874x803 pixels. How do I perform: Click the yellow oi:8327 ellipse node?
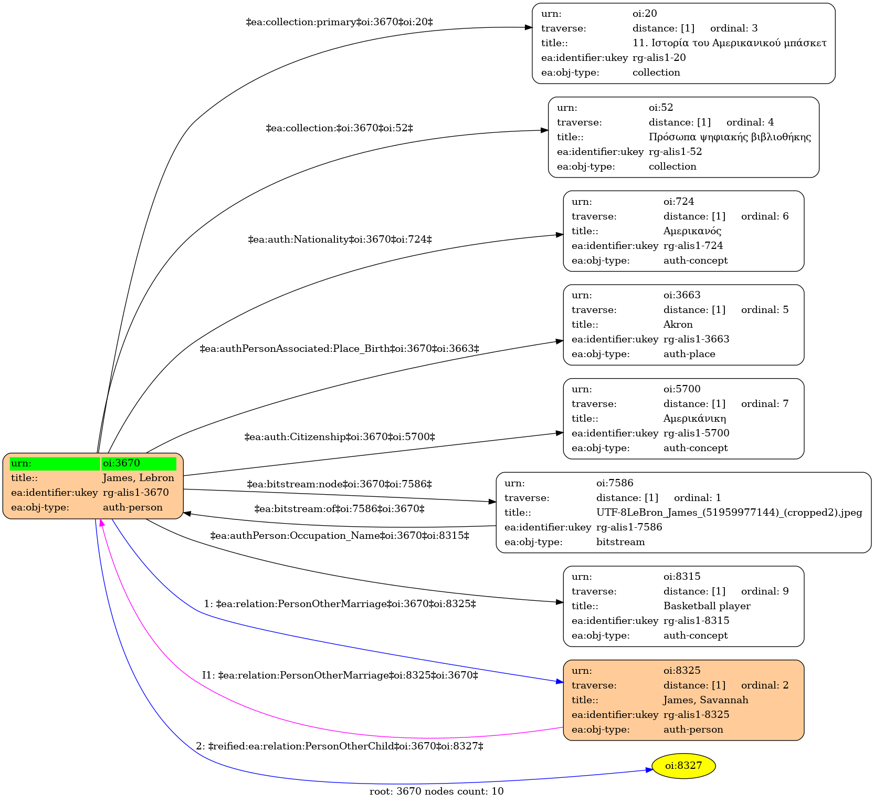click(683, 766)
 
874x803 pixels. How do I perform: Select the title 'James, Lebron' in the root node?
click(138, 478)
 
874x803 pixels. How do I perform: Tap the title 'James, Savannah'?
click(705, 700)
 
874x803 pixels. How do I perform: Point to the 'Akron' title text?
click(678, 325)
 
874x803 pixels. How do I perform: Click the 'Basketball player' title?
click(707, 606)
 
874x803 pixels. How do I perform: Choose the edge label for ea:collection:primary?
click(340, 22)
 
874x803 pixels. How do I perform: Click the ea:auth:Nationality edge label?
click(340, 239)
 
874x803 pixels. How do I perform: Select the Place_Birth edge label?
click(340, 349)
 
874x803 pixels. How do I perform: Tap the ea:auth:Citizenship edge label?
click(340, 437)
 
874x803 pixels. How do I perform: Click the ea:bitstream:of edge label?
click(340, 509)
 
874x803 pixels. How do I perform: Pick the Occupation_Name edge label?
click(340, 536)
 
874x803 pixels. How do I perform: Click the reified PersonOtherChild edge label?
click(340, 746)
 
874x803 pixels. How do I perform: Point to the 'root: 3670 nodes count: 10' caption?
click(437, 791)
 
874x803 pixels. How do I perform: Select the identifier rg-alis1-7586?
click(629, 527)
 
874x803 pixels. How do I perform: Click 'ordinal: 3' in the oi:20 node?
click(734, 28)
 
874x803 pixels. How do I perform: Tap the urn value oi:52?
click(661, 108)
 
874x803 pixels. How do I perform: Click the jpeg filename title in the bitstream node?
click(729, 513)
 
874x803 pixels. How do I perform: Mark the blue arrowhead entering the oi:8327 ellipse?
click(649, 770)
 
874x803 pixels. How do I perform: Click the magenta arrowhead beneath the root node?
click(102, 523)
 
